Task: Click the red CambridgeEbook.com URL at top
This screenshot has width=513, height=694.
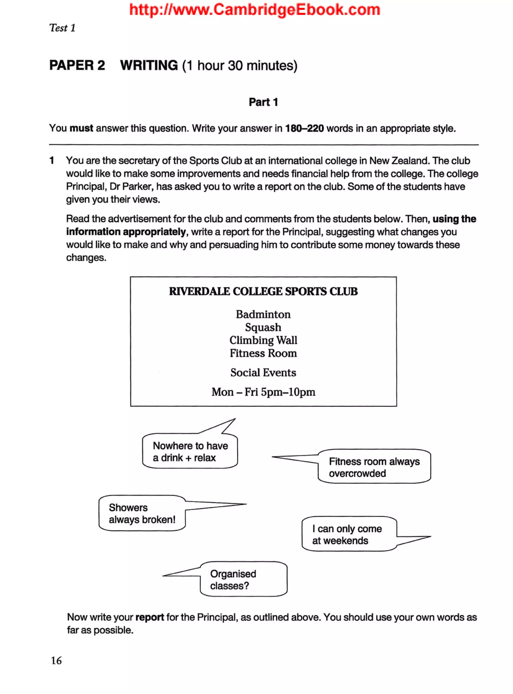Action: click(255, 10)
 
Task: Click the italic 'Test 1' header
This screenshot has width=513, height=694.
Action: click(62, 28)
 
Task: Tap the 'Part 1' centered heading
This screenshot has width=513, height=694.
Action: click(263, 102)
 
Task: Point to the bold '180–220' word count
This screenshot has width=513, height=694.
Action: click(304, 128)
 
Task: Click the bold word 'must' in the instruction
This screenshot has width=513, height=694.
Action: click(81, 128)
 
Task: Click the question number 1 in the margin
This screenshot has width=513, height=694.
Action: click(52, 161)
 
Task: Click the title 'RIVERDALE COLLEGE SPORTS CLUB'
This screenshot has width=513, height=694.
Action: click(263, 291)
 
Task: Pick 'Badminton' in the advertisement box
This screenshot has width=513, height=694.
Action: click(263, 314)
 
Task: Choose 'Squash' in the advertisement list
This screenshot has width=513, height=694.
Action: click(263, 327)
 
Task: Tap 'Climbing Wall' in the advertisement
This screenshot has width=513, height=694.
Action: click(263, 340)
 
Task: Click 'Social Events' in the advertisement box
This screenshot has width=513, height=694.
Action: click(263, 373)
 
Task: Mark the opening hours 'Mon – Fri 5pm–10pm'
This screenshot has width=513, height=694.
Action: click(263, 392)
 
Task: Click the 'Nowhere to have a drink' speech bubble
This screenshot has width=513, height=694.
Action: click(190, 452)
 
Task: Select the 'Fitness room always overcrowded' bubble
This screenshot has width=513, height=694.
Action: click(374, 467)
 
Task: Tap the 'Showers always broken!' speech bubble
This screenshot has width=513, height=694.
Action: click(142, 513)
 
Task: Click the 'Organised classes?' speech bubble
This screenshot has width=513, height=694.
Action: click(243, 580)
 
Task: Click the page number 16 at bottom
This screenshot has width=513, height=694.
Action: click(56, 660)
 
